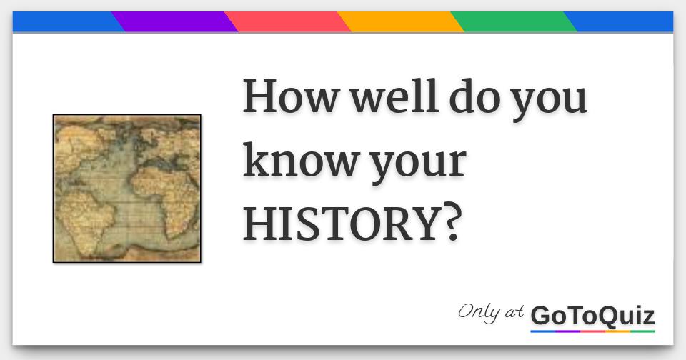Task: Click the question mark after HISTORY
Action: [x=447, y=224]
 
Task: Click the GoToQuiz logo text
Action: [x=592, y=315]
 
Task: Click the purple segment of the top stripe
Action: [x=175, y=22]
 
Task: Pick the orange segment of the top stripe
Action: [x=400, y=22]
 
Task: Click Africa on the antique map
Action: [x=168, y=189]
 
